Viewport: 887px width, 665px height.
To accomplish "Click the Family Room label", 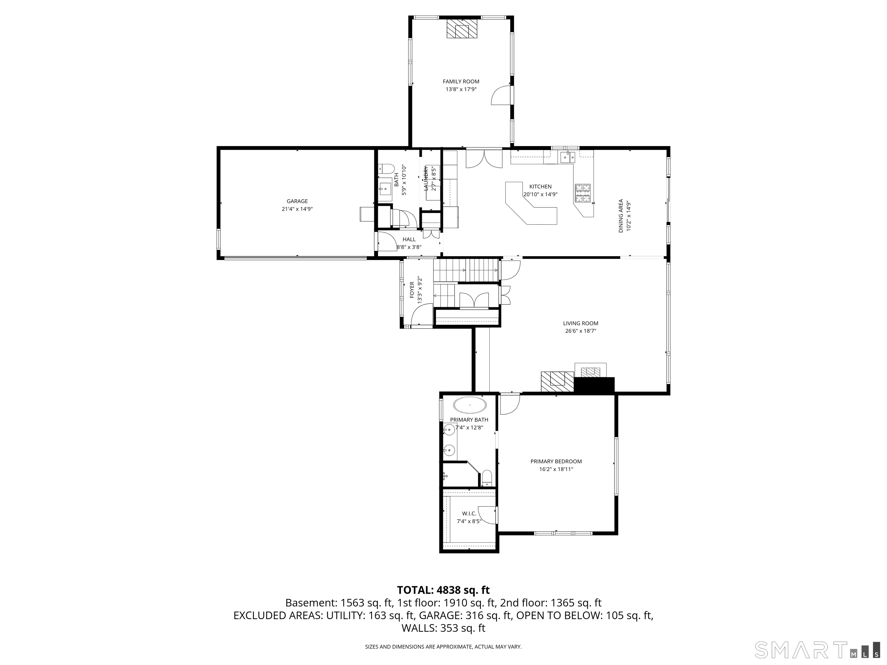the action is click(x=461, y=81).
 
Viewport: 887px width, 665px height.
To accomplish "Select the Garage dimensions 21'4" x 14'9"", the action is click(x=297, y=209).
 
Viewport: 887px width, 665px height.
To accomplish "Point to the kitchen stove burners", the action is click(x=583, y=193).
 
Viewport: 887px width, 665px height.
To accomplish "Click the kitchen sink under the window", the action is click(x=567, y=157).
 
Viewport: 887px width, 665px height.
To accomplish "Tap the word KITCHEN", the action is click(x=540, y=186).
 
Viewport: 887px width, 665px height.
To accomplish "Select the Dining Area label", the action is click(x=621, y=216).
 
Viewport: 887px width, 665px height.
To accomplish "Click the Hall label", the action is click(x=409, y=239).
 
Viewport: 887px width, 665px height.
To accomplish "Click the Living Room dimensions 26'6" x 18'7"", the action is click(x=580, y=331).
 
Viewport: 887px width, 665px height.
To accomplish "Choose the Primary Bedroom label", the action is click(x=556, y=461).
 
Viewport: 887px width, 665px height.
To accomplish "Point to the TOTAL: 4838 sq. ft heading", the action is click(x=443, y=590).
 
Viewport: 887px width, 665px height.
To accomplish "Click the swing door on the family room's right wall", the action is click(x=501, y=96).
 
